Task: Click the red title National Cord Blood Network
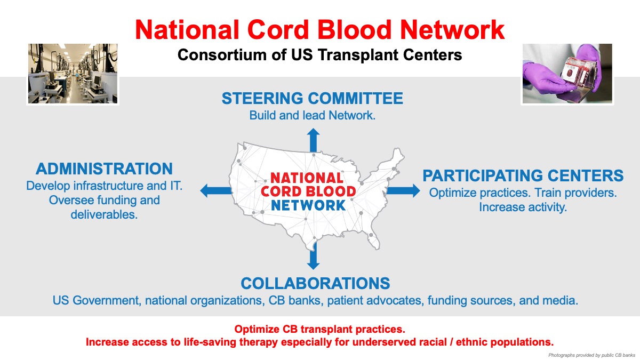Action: (x=319, y=30)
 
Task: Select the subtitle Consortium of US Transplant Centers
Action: (x=319, y=55)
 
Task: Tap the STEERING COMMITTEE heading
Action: (x=313, y=98)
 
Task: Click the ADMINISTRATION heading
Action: (x=105, y=169)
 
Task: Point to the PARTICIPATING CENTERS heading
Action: (x=523, y=175)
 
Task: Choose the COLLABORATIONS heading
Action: (x=315, y=283)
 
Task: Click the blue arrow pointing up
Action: (x=314, y=140)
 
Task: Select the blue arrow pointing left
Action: (x=215, y=191)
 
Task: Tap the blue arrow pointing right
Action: (x=403, y=191)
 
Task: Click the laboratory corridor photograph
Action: (x=73, y=74)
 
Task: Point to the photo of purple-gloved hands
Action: (x=567, y=74)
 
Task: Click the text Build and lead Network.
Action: (x=313, y=115)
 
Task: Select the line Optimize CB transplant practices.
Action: (x=319, y=329)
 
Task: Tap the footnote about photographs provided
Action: (x=591, y=355)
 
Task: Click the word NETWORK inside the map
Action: (x=308, y=205)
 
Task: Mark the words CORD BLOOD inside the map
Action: (x=308, y=191)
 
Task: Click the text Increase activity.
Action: (x=523, y=207)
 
